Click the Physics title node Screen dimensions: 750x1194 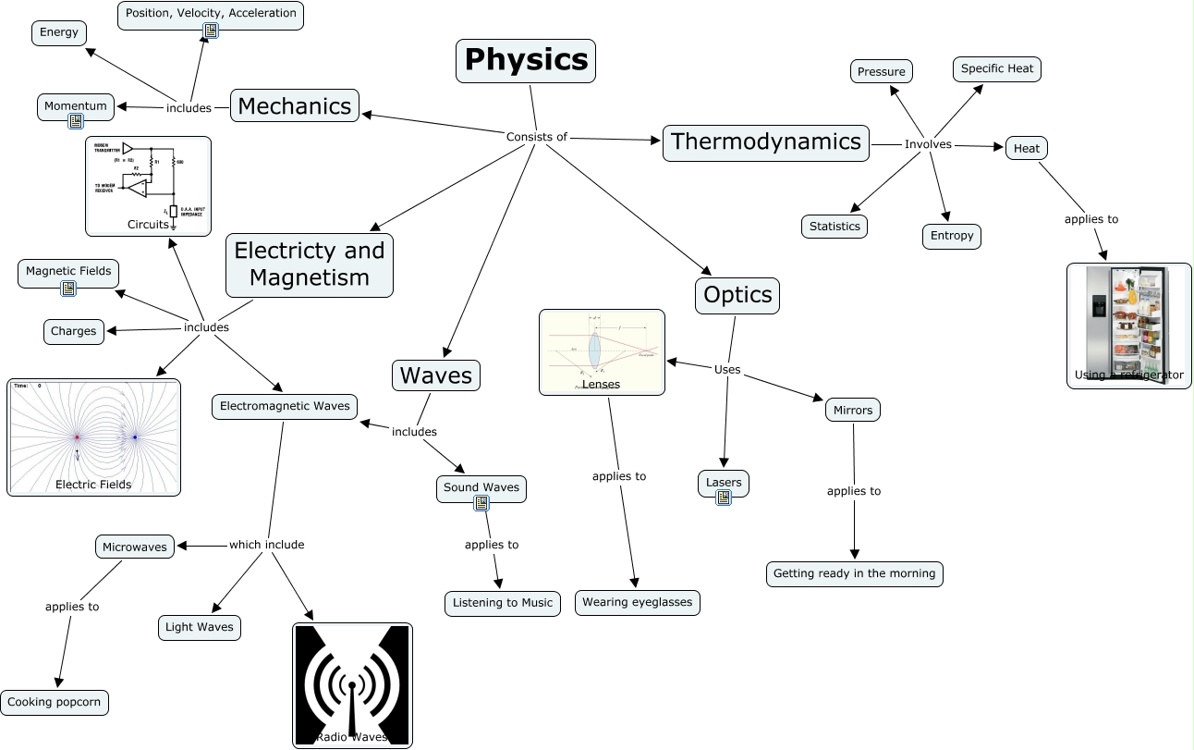(526, 61)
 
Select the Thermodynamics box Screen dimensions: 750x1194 (765, 142)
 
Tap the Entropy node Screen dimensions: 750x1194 (951, 236)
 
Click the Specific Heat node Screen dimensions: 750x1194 (997, 69)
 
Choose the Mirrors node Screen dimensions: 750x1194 (852, 410)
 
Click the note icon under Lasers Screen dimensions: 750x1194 (724, 498)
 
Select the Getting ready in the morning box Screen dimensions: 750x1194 (854, 573)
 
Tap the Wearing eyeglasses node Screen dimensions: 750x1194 (637, 603)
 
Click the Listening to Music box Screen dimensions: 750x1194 (502, 603)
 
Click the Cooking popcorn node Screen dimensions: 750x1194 (55, 702)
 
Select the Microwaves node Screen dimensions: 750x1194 (135, 547)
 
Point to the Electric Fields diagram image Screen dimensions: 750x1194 (93, 436)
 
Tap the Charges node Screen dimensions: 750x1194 (74, 331)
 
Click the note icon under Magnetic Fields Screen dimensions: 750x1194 (67, 289)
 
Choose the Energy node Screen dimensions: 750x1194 (59, 33)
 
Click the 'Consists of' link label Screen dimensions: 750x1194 (536, 137)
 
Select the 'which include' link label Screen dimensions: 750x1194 (266, 545)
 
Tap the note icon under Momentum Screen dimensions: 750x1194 (75, 121)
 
